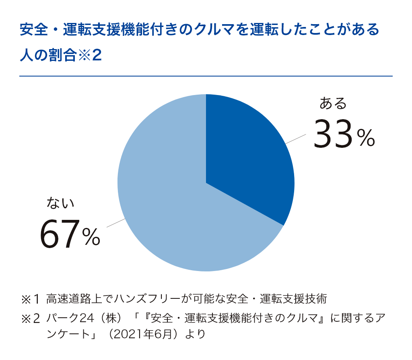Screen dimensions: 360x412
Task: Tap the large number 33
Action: (x=332, y=134)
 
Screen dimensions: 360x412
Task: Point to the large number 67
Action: (x=59, y=234)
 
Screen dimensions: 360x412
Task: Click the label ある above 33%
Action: (x=333, y=103)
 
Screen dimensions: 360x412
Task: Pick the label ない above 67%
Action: (x=61, y=203)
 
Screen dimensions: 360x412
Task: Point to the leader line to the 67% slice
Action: (x=115, y=223)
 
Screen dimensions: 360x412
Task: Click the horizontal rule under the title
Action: (x=206, y=76)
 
